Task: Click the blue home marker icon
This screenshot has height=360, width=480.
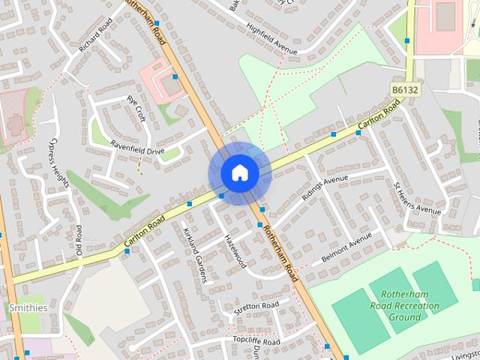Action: pyautogui.click(x=239, y=173)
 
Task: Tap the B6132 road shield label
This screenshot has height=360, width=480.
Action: pyautogui.click(x=405, y=89)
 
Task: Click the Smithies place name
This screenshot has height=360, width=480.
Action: pyautogui.click(x=28, y=307)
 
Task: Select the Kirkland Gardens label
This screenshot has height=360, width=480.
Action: pyautogui.click(x=193, y=256)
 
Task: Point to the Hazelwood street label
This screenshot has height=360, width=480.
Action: pyautogui.click(x=234, y=250)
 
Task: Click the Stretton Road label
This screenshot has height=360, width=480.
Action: pyautogui.click(x=256, y=306)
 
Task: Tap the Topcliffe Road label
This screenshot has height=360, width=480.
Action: pyautogui.click(x=256, y=341)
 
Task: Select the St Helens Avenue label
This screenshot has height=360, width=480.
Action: pyautogui.click(x=418, y=196)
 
